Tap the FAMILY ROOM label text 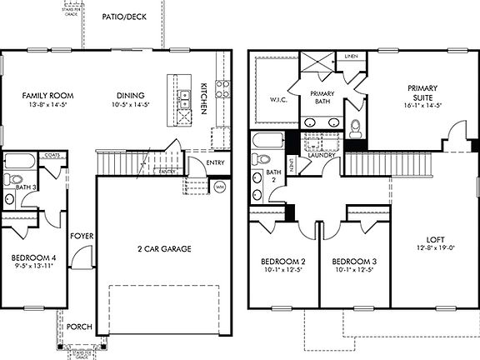pyautogui.click(x=46, y=96)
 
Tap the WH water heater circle pyautogui.click(x=220, y=187)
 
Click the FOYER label pyautogui.click(x=82, y=236)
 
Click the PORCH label pyautogui.click(x=80, y=327)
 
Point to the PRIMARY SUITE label pyautogui.click(x=422, y=92)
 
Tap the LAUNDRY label pyautogui.click(x=321, y=155)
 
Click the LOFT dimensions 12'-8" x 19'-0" pyautogui.click(x=437, y=247)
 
